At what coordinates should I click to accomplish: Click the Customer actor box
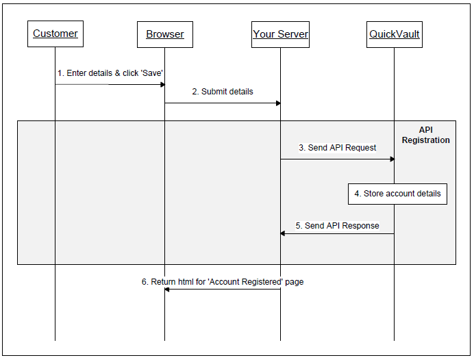point(55,34)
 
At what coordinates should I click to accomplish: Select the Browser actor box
point(164,34)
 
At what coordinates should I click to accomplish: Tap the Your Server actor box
point(280,34)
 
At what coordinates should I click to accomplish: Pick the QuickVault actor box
point(394,34)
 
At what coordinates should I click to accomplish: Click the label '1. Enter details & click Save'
point(110,73)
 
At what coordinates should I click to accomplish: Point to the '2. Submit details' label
point(223,92)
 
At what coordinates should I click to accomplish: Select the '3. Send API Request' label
point(337,148)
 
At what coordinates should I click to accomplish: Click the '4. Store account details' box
point(397,194)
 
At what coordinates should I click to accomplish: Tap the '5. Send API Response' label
point(337,226)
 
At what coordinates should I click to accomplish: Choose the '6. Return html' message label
point(223,281)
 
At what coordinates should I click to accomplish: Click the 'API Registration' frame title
point(425,135)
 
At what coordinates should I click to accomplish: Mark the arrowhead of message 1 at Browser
point(162,85)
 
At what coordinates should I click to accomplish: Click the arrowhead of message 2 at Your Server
point(278,103)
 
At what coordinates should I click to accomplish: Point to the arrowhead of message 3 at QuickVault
point(392,159)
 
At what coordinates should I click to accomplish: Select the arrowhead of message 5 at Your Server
point(283,233)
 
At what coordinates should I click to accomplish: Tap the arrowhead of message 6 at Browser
point(167,289)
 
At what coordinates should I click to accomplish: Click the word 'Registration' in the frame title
point(425,140)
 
